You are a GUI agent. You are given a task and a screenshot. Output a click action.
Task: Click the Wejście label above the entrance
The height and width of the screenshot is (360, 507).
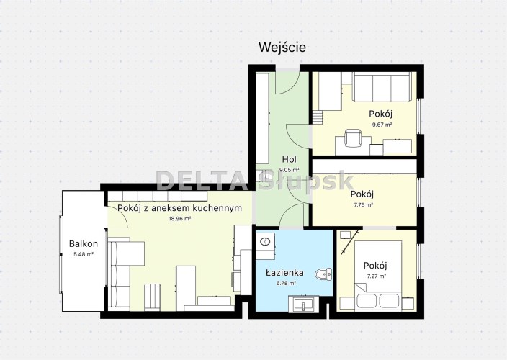282,48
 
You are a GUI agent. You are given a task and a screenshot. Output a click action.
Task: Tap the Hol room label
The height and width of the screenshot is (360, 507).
289,159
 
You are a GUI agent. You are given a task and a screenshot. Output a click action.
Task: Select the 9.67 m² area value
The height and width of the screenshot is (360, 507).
382,125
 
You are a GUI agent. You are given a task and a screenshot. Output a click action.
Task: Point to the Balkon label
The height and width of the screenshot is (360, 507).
84,243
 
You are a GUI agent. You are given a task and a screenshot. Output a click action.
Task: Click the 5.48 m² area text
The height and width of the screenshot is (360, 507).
84,254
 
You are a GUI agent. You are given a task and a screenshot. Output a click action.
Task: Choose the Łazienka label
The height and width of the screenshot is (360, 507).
284,273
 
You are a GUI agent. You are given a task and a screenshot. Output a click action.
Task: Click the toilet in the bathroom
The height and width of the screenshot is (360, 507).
323,274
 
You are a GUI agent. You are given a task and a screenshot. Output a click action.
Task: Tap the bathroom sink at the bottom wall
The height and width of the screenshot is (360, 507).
304,305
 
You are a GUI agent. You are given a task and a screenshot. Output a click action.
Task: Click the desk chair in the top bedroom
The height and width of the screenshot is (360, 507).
353,138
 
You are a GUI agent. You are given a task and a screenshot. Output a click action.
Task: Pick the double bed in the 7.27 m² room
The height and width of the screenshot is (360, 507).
378,276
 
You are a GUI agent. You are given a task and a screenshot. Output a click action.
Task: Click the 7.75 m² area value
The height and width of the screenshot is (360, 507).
362,204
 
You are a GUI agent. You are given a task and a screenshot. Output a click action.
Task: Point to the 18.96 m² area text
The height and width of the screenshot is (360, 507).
180,218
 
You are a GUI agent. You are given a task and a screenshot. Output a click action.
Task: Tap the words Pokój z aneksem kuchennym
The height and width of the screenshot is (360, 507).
179,208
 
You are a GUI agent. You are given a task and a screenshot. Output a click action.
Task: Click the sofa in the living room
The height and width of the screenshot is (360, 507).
126,274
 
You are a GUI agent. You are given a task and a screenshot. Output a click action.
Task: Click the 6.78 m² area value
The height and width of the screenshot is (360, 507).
285,284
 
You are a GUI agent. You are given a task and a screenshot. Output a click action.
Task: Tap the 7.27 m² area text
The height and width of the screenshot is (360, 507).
376,276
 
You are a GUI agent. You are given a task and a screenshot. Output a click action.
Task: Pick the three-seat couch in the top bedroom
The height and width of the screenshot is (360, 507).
382,86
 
